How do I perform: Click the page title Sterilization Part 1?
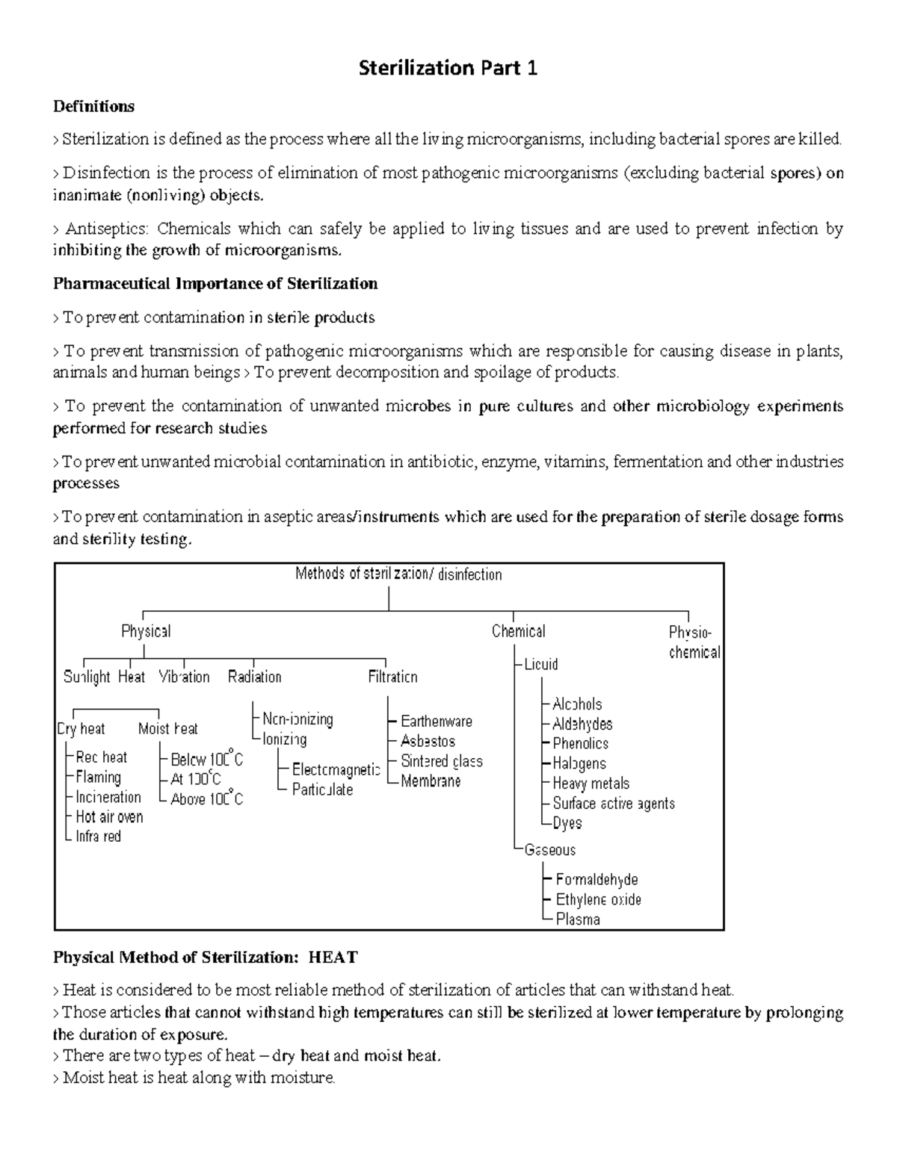coord(448,69)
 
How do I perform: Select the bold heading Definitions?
coord(93,106)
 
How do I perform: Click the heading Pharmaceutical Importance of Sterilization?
coord(215,284)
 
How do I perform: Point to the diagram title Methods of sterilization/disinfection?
coord(398,574)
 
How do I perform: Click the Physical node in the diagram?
coord(146,631)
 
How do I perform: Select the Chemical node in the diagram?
coord(518,631)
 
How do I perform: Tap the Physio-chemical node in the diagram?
coord(694,642)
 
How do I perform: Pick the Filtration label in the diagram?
coord(392,677)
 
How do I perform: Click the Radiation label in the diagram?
coord(254,677)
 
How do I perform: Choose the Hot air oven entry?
coord(109,817)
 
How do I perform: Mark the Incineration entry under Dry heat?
coord(108,797)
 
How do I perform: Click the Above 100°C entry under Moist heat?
coord(207,799)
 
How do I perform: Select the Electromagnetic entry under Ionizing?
coord(336,769)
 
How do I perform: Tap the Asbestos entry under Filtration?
coord(428,741)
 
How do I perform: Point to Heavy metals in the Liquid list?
coord(591,784)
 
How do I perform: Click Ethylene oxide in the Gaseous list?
coord(598,899)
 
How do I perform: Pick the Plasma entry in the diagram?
coord(578,919)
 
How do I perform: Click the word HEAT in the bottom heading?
coord(333,958)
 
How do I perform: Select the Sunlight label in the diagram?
coord(87,677)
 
